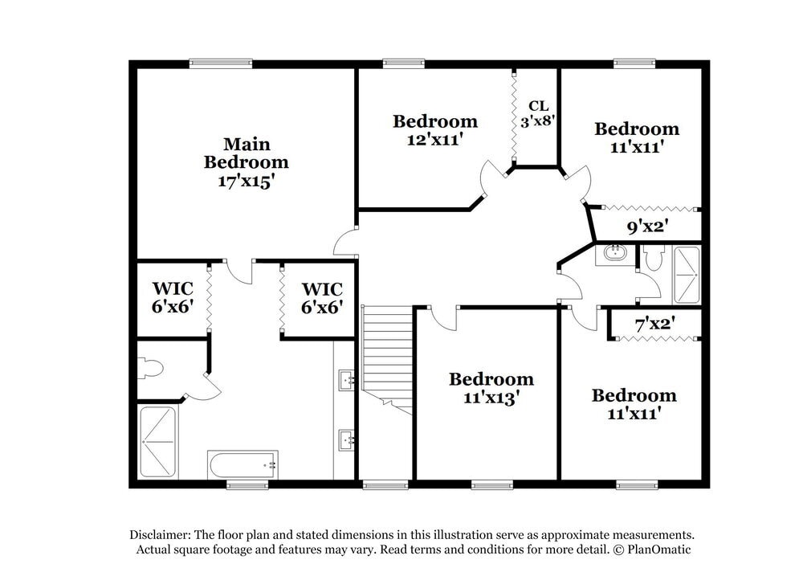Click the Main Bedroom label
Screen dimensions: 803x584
[247, 153]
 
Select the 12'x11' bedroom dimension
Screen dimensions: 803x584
[435, 139]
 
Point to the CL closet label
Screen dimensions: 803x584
[538, 105]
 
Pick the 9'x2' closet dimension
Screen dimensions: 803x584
[648, 227]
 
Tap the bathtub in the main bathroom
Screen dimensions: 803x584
[243, 464]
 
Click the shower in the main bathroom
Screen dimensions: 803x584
[157, 442]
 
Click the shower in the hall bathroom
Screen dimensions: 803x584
[687, 275]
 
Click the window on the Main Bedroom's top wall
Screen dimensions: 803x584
[221, 63]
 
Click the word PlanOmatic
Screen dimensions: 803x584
[659, 549]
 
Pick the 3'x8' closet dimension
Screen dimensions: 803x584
[538, 122]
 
